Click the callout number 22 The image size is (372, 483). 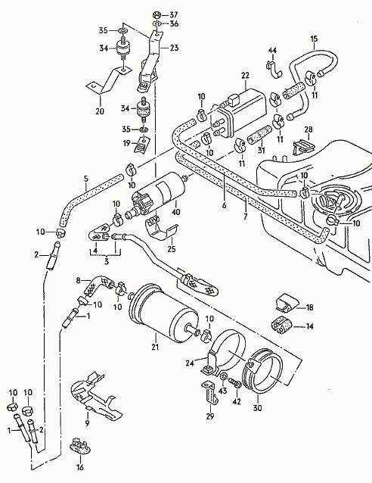(x=245, y=75)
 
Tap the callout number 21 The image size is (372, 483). (x=155, y=347)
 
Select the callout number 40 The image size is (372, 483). (x=176, y=213)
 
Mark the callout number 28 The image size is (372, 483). (x=308, y=130)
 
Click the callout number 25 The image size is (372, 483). (x=171, y=249)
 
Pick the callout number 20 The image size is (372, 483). (x=99, y=111)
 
